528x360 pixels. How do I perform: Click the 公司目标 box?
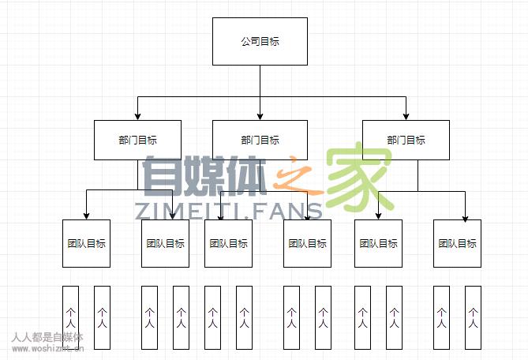pyautogui.click(x=260, y=41)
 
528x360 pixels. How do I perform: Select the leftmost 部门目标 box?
pyautogui.click(x=137, y=140)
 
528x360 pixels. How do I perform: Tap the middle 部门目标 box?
pyautogui.click(x=260, y=140)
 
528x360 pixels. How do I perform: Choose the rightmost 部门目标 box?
pyautogui.click(x=406, y=140)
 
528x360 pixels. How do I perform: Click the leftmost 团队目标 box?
pyautogui.click(x=86, y=243)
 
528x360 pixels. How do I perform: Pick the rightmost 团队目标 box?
pyautogui.click(x=457, y=243)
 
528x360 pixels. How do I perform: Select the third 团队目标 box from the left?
pyautogui.click(x=228, y=243)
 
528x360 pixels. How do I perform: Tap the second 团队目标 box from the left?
pyautogui.click(x=165, y=243)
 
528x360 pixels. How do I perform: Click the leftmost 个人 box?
pyautogui.click(x=70, y=317)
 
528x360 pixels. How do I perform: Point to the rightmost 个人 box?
pyautogui.click(x=473, y=317)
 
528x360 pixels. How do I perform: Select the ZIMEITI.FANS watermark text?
pyautogui.click(x=228, y=211)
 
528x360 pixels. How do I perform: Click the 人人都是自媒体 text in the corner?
pyautogui.click(x=47, y=337)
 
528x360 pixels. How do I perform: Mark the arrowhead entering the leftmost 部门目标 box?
pyautogui.click(x=137, y=116)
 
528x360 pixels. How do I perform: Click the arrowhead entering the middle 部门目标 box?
pyautogui.click(x=260, y=116)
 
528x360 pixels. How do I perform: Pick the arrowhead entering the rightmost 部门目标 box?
pyautogui.click(x=406, y=116)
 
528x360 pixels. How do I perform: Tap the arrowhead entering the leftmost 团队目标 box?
pyautogui.click(x=86, y=216)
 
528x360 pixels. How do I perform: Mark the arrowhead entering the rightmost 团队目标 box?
pyautogui.click(x=465, y=216)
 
